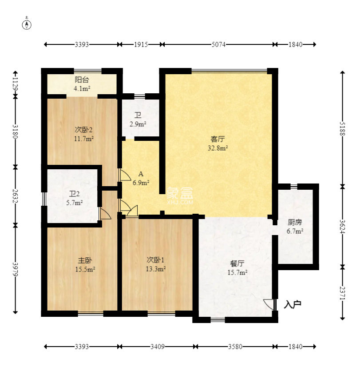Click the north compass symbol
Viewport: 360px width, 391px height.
coord(27,24)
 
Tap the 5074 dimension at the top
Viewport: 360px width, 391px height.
coord(218,44)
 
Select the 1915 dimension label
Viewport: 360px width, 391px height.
coord(141,44)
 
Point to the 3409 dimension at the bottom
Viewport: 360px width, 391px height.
coord(158,347)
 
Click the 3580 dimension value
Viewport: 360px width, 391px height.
coord(235,347)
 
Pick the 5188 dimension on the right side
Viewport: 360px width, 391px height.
coord(343,129)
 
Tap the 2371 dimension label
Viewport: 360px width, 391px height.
coord(343,293)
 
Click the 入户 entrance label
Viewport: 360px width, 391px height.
coord(293,304)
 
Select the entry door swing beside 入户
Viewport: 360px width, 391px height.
coord(269,304)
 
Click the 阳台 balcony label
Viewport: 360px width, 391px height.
coord(82,80)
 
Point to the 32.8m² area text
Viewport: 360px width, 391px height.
coord(218,148)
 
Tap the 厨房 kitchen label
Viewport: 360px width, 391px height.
coord(295,222)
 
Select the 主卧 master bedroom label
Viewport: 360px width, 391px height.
coord(85,260)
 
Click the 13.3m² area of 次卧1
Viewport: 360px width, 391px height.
coord(156,269)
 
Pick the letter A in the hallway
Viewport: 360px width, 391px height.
coord(141,174)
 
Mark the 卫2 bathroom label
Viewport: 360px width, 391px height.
coord(74,194)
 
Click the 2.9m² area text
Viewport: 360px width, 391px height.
coord(138,124)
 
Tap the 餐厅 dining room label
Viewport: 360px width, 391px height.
coord(237,263)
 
